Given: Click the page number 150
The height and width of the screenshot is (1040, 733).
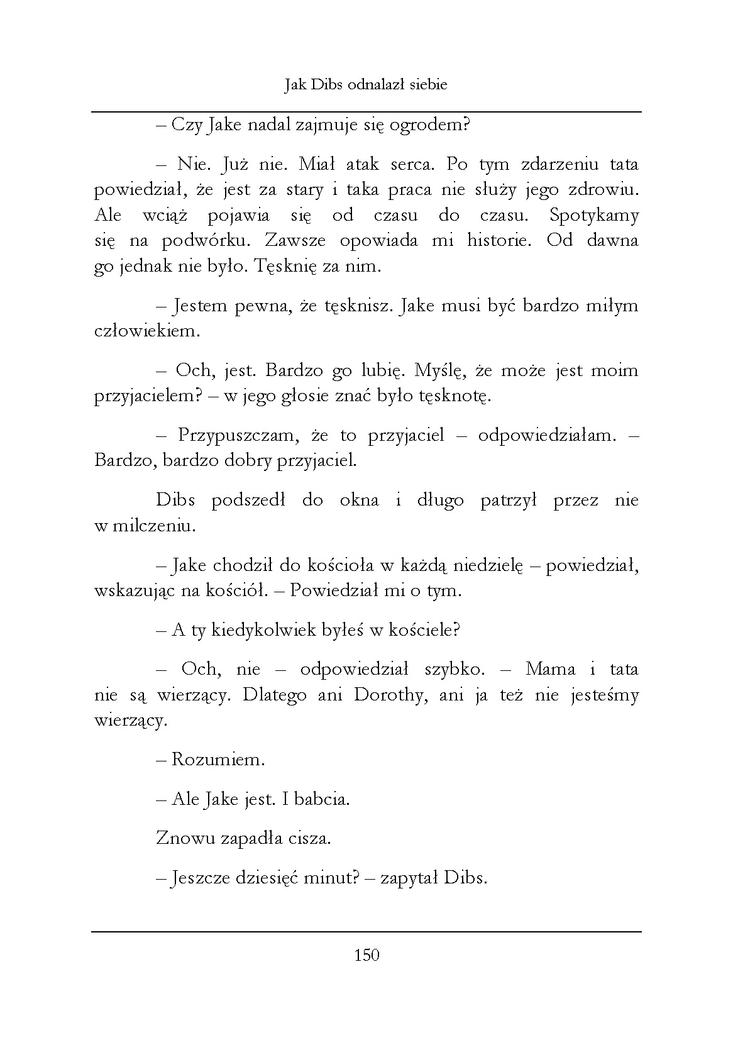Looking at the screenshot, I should click(366, 955).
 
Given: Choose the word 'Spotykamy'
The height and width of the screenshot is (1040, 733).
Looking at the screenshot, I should click(593, 215).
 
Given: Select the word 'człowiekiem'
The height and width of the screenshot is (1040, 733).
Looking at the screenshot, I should click(146, 331).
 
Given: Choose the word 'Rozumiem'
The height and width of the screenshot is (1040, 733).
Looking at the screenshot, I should click(218, 760).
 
